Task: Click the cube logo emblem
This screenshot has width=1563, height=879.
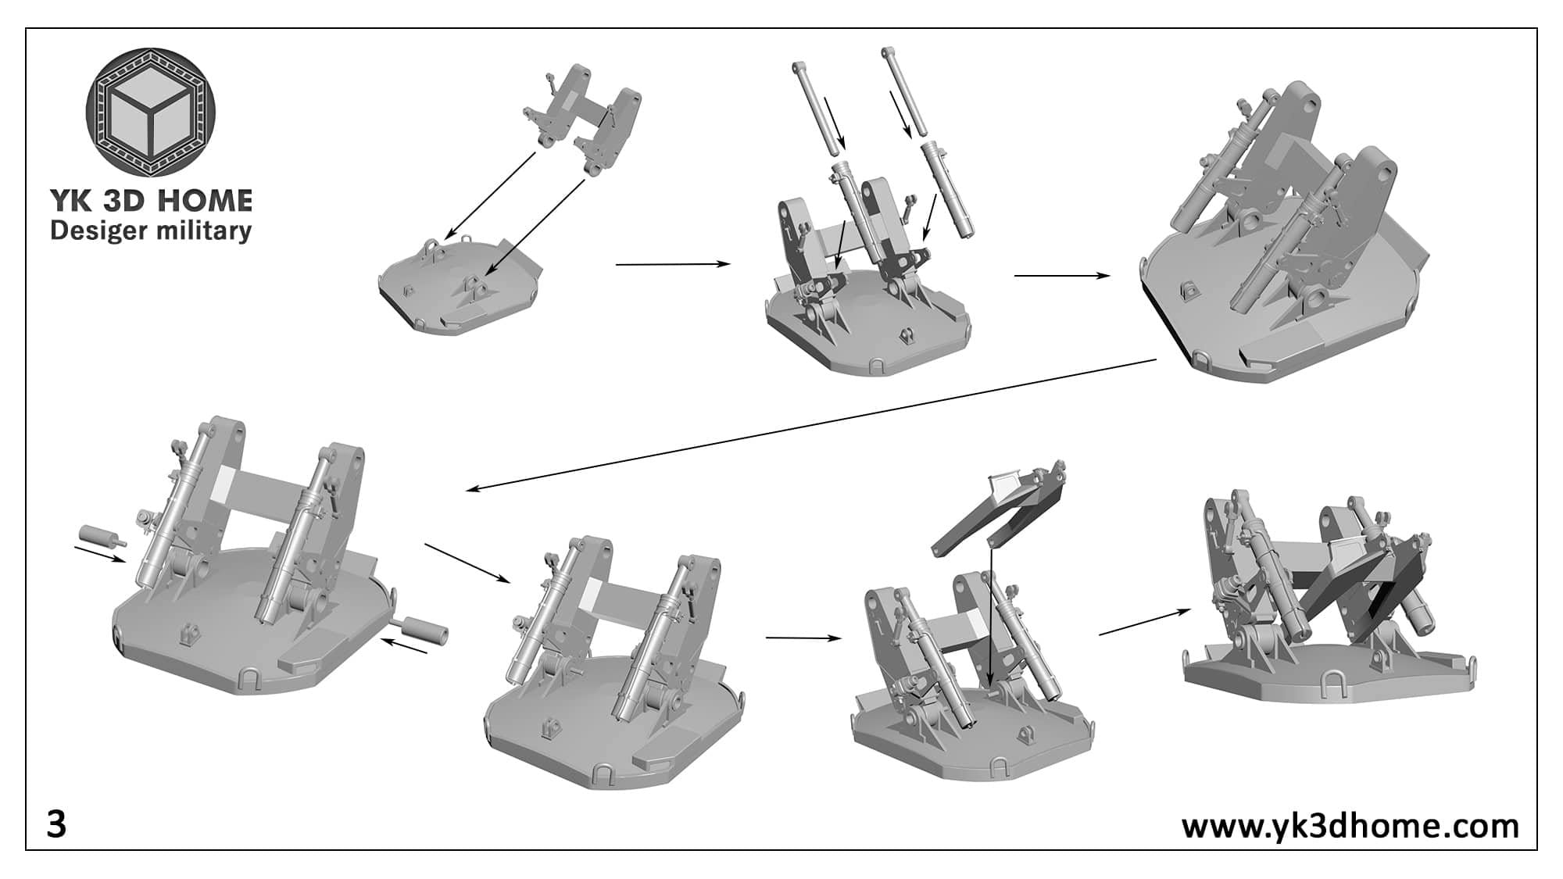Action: [x=150, y=111]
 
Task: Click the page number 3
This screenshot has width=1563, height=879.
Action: [x=56, y=825]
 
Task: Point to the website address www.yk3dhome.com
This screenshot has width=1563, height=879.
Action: [x=1350, y=826]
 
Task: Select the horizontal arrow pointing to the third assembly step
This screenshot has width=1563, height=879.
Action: [x=1061, y=275]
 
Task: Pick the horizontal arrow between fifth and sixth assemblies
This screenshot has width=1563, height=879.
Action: [x=803, y=638]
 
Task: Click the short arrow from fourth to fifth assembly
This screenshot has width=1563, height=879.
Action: [x=467, y=563]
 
